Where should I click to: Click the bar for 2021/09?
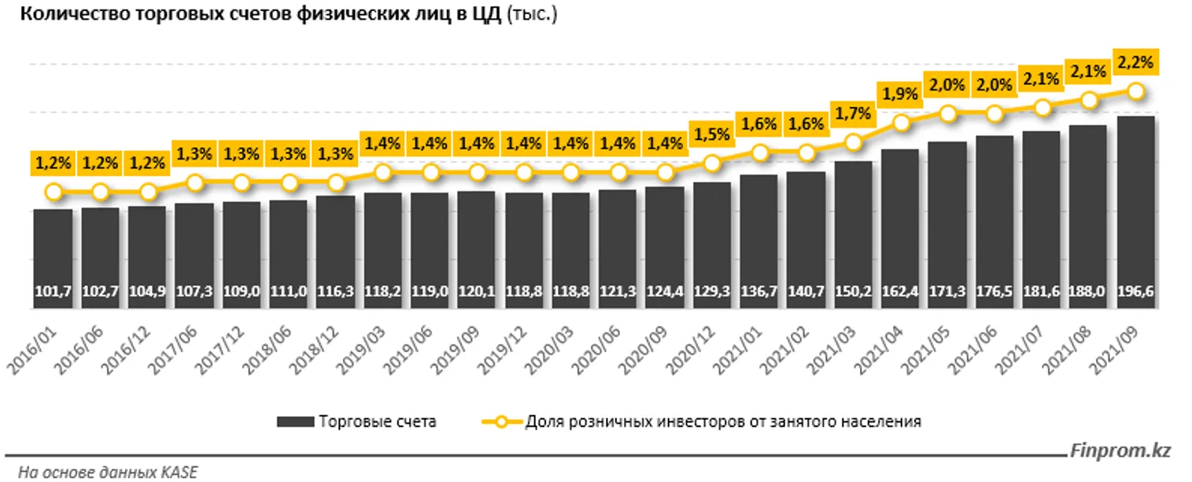[x=1135, y=212]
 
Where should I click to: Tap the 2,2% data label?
[x=1135, y=61]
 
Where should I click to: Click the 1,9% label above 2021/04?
[x=900, y=94]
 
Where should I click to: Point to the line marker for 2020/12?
[x=712, y=163]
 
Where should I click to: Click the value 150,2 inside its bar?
[x=854, y=292]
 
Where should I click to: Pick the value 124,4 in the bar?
[x=666, y=292]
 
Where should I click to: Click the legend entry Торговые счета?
[x=377, y=421]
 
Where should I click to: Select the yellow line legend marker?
[x=501, y=421]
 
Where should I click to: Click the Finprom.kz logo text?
[x=1120, y=451]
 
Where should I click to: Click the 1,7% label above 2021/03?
[x=853, y=114]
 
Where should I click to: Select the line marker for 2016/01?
[x=53, y=191]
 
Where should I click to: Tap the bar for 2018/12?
[x=336, y=252]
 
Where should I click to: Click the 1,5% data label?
[x=711, y=134]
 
